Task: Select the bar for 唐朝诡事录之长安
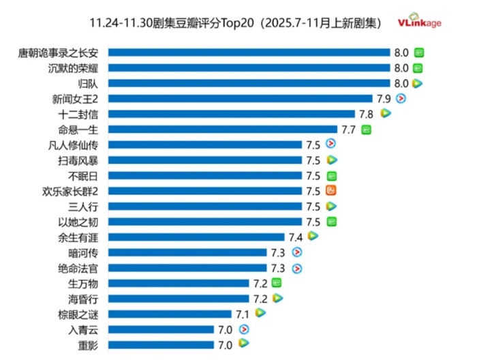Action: [248, 52]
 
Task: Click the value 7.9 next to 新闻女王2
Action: [384, 98]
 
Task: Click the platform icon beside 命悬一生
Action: [367, 129]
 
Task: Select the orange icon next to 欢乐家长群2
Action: [331, 191]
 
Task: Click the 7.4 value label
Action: [295, 237]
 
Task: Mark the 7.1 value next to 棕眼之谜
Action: [243, 314]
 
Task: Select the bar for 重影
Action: [160, 345]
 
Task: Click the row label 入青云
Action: [83, 329]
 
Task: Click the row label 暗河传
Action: [83, 252]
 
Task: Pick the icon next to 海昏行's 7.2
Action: [277, 299]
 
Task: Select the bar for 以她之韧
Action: [205, 222]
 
